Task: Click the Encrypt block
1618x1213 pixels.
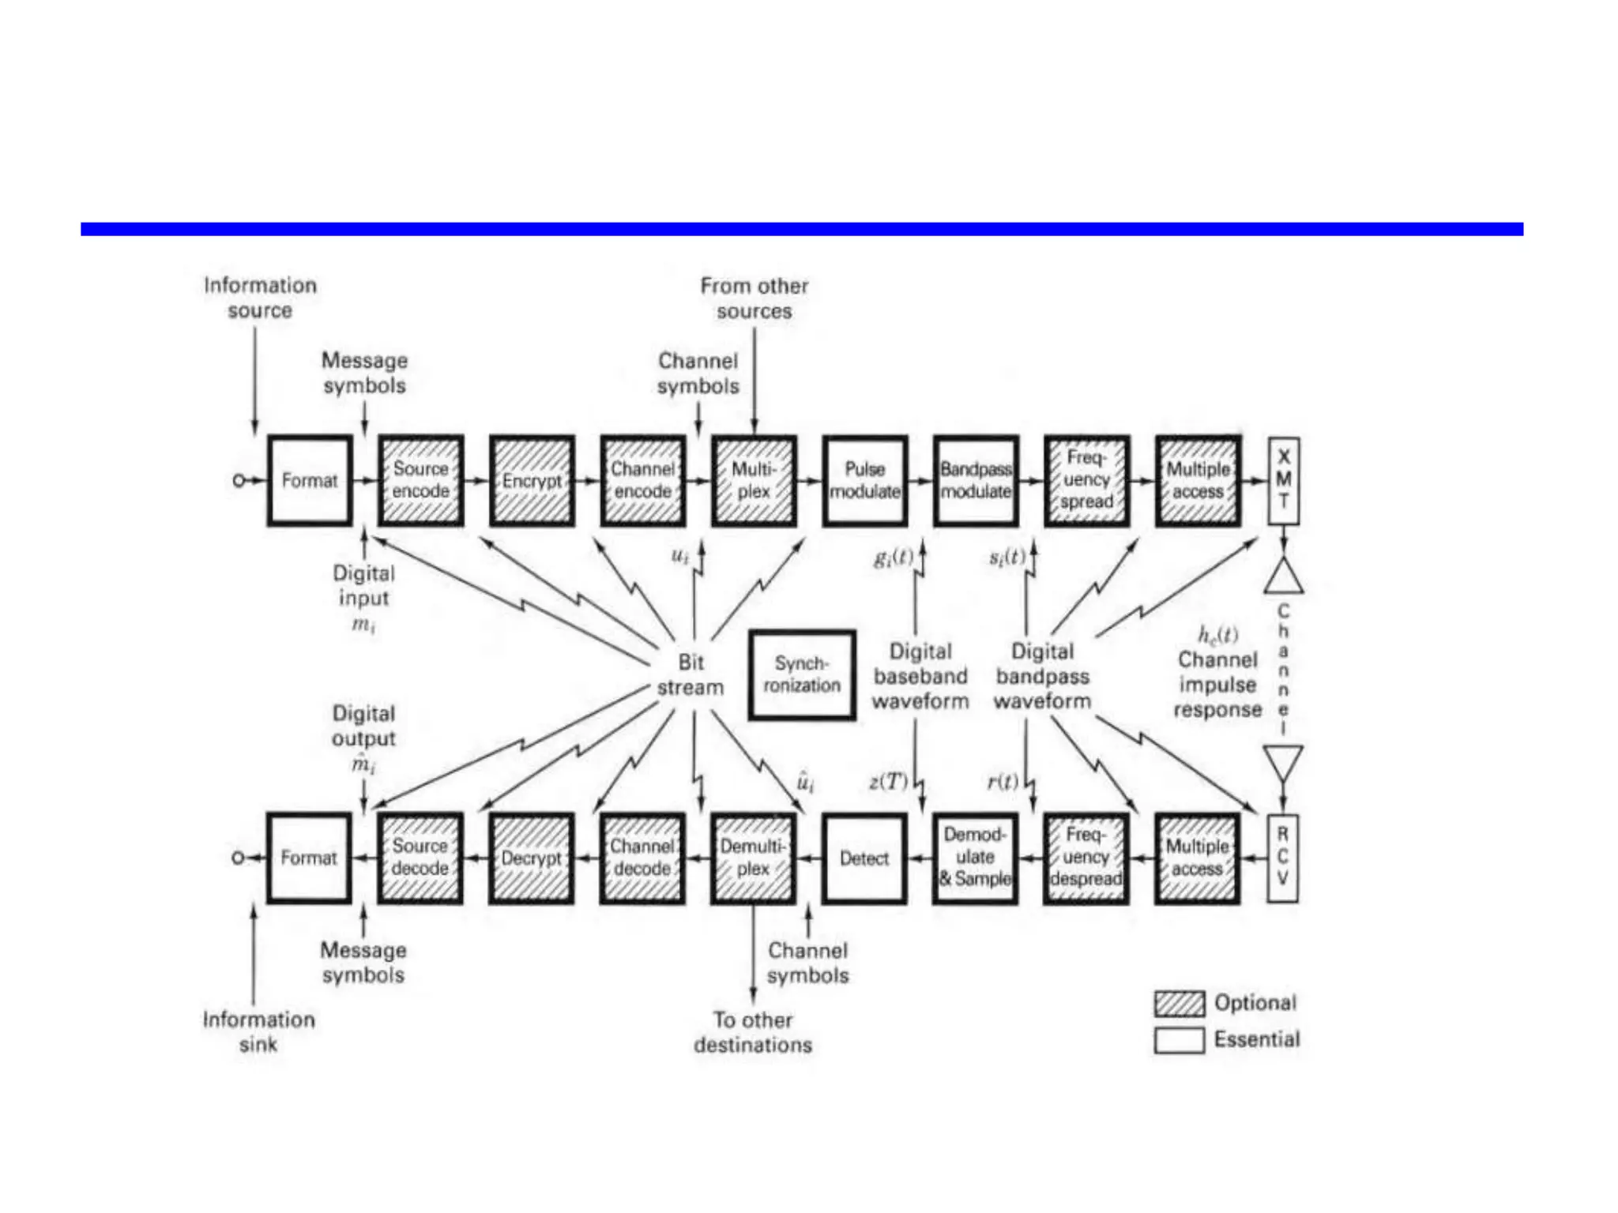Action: (x=532, y=480)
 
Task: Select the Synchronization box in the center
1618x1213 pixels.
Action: (x=802, y=674)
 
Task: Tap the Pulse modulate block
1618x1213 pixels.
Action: (x=865, y=480)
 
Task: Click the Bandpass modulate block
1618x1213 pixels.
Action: (x=976, y=480)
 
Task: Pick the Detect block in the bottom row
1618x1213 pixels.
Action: (x=864, y=858)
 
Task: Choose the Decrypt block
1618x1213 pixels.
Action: (x=531, y=858)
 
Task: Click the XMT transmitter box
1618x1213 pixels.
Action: (x=1284, y=480)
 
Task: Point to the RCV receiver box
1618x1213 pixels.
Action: (x=1283, y=858)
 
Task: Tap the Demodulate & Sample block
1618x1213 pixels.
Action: (x=975, y=858)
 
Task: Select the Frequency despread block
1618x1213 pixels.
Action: (x=1086, y=858)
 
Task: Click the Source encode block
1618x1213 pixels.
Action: (x=420, y=480)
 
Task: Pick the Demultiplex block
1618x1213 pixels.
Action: (x=753, y=858)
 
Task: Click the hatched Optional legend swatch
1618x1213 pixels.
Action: (x=1179, y=1004)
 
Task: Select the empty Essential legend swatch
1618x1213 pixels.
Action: (x=1179, y=1040)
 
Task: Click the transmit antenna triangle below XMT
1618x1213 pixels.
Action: (x=1284, y=577)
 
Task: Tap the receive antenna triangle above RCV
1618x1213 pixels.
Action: (x=1283, y=761)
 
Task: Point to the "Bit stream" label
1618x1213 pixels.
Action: (x=690, y=674)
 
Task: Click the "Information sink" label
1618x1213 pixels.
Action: (x=258, y=1031)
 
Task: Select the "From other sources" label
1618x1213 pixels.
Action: (x=754, y=298)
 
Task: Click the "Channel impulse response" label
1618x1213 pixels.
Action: (x=1217, y=684)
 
